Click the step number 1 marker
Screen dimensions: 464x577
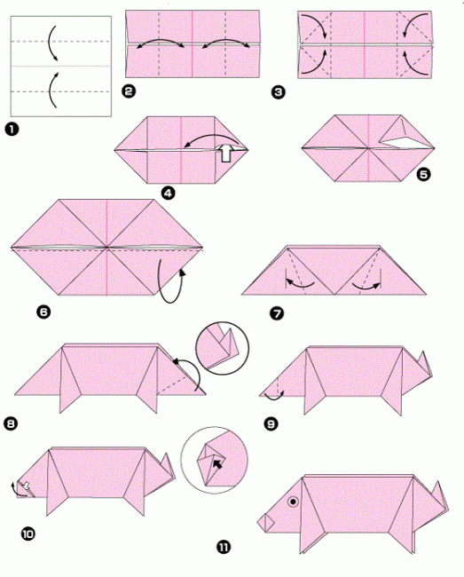(x=12, y=130)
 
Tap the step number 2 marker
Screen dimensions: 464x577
(x=129, y=91)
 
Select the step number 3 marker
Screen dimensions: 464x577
(x=278, y=91)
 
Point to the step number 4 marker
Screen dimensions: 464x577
(x=169, y=193)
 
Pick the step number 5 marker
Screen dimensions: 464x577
(x=423, y=174)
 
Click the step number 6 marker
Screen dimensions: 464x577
(x=43, y=312)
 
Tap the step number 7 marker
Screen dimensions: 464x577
(x=277, y=313)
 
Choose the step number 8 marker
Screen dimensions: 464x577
(x=11, y=424)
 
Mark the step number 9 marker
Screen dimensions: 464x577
(x=271, y=424)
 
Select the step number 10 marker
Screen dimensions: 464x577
(x=28, y=534)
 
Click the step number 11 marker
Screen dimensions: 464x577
(x=224, y=547)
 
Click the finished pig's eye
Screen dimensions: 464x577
(x=293, y=502)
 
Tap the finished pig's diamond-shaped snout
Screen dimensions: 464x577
(x=266, y=523)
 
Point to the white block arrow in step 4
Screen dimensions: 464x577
(x=226, y=153)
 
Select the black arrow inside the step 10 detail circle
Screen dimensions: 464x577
(x=217, y=464)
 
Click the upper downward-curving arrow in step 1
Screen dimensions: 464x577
(x=50, y=43)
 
